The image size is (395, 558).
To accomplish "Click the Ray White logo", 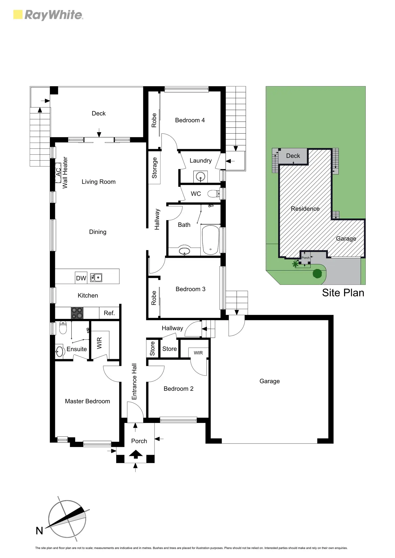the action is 48,15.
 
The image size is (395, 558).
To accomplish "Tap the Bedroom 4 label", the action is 190,120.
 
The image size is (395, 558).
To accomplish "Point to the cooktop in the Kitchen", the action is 77,313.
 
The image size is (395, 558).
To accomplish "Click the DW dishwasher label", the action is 81,278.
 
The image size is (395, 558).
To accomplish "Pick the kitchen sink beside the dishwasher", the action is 96,278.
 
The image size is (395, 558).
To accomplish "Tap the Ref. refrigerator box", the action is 109,313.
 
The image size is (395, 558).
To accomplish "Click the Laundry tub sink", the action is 200,177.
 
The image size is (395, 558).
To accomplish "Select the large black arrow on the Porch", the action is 136,454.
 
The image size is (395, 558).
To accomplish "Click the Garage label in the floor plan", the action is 269,381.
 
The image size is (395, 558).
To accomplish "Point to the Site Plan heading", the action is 343,293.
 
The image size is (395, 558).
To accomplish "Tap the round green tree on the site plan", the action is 317,274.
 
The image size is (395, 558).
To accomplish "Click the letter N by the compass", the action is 39,531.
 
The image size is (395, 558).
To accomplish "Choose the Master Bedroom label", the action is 87,401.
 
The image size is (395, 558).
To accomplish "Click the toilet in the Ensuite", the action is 63,328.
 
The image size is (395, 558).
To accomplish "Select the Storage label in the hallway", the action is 154,168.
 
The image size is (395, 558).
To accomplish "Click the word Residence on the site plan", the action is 305,209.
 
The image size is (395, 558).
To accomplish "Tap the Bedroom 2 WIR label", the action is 198,353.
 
